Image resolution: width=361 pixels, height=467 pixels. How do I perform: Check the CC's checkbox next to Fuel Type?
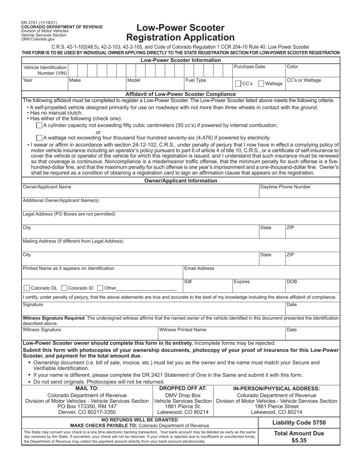(x=238, y=84)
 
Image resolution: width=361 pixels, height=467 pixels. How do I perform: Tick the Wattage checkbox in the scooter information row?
(x=261, y=84)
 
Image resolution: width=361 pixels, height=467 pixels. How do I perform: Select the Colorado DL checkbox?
(x=27, y=288)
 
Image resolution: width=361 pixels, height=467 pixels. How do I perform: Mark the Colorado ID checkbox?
(x=64, y=288)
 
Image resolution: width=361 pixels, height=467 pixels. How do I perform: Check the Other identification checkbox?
(x=100, y=288)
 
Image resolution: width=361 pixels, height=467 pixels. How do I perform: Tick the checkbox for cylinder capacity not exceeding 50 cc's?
(x=39, y=125)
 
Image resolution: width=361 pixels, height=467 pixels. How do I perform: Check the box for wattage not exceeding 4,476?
(x=39, y=137)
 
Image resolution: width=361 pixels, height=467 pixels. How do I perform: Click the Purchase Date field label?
(x=249, y=67)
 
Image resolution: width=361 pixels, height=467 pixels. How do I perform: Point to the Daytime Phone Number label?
(x=285, y=187)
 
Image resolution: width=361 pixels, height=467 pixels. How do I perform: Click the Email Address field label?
(x=199, y=268)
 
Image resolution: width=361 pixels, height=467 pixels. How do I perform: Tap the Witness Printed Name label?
(x=183, y=330)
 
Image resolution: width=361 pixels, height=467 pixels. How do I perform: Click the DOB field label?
(x=292, y=282)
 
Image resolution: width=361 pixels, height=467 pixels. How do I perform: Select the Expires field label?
(x=242, y=282)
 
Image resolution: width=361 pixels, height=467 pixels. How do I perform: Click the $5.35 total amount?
(x=299, y=440)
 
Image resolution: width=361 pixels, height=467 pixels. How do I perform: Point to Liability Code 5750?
(x=299, y=423)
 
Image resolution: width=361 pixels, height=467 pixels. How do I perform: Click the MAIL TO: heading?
(x=87, y=388)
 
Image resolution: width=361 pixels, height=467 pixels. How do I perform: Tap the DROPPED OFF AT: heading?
(x=183, y=388)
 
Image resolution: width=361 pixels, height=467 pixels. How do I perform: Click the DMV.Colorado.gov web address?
(x=38, y=39)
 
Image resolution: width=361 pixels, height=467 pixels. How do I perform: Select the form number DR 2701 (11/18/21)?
(x=40, y=23)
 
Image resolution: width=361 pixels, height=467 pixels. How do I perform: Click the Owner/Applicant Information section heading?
(x=180, y=181)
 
